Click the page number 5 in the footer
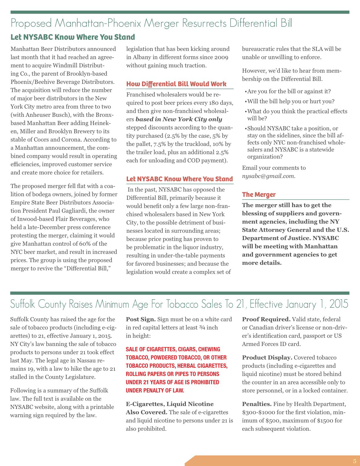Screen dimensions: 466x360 click(354, 461)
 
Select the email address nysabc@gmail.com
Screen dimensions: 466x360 click(269, 176)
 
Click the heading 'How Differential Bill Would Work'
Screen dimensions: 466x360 click(176, 84)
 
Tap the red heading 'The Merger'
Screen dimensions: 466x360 click(259, 194)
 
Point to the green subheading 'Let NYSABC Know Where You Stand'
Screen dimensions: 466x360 click(73, 37)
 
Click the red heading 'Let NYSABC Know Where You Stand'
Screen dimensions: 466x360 click(179, 179)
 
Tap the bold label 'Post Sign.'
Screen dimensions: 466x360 click(141, 319)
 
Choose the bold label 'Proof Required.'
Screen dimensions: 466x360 click(266, 319)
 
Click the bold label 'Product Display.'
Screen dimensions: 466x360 click(267, 357)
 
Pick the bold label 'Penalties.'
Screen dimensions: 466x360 click(257, 404)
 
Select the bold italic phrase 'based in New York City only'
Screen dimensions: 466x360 click(179, 119)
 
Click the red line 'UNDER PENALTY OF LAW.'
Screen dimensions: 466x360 click(155, 390)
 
